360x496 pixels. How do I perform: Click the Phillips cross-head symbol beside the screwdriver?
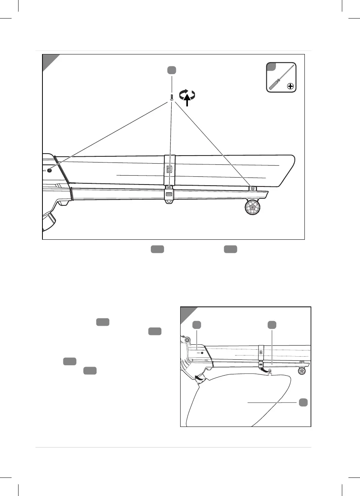290,87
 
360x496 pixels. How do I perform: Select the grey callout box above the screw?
172,70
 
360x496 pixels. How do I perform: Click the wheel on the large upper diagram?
252,208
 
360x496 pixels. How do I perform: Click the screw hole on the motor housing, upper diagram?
49,170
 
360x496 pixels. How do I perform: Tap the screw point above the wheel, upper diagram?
252,188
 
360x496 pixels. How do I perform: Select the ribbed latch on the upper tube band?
169,169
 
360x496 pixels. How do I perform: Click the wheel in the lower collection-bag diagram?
302,371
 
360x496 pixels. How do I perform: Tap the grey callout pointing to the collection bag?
303,402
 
